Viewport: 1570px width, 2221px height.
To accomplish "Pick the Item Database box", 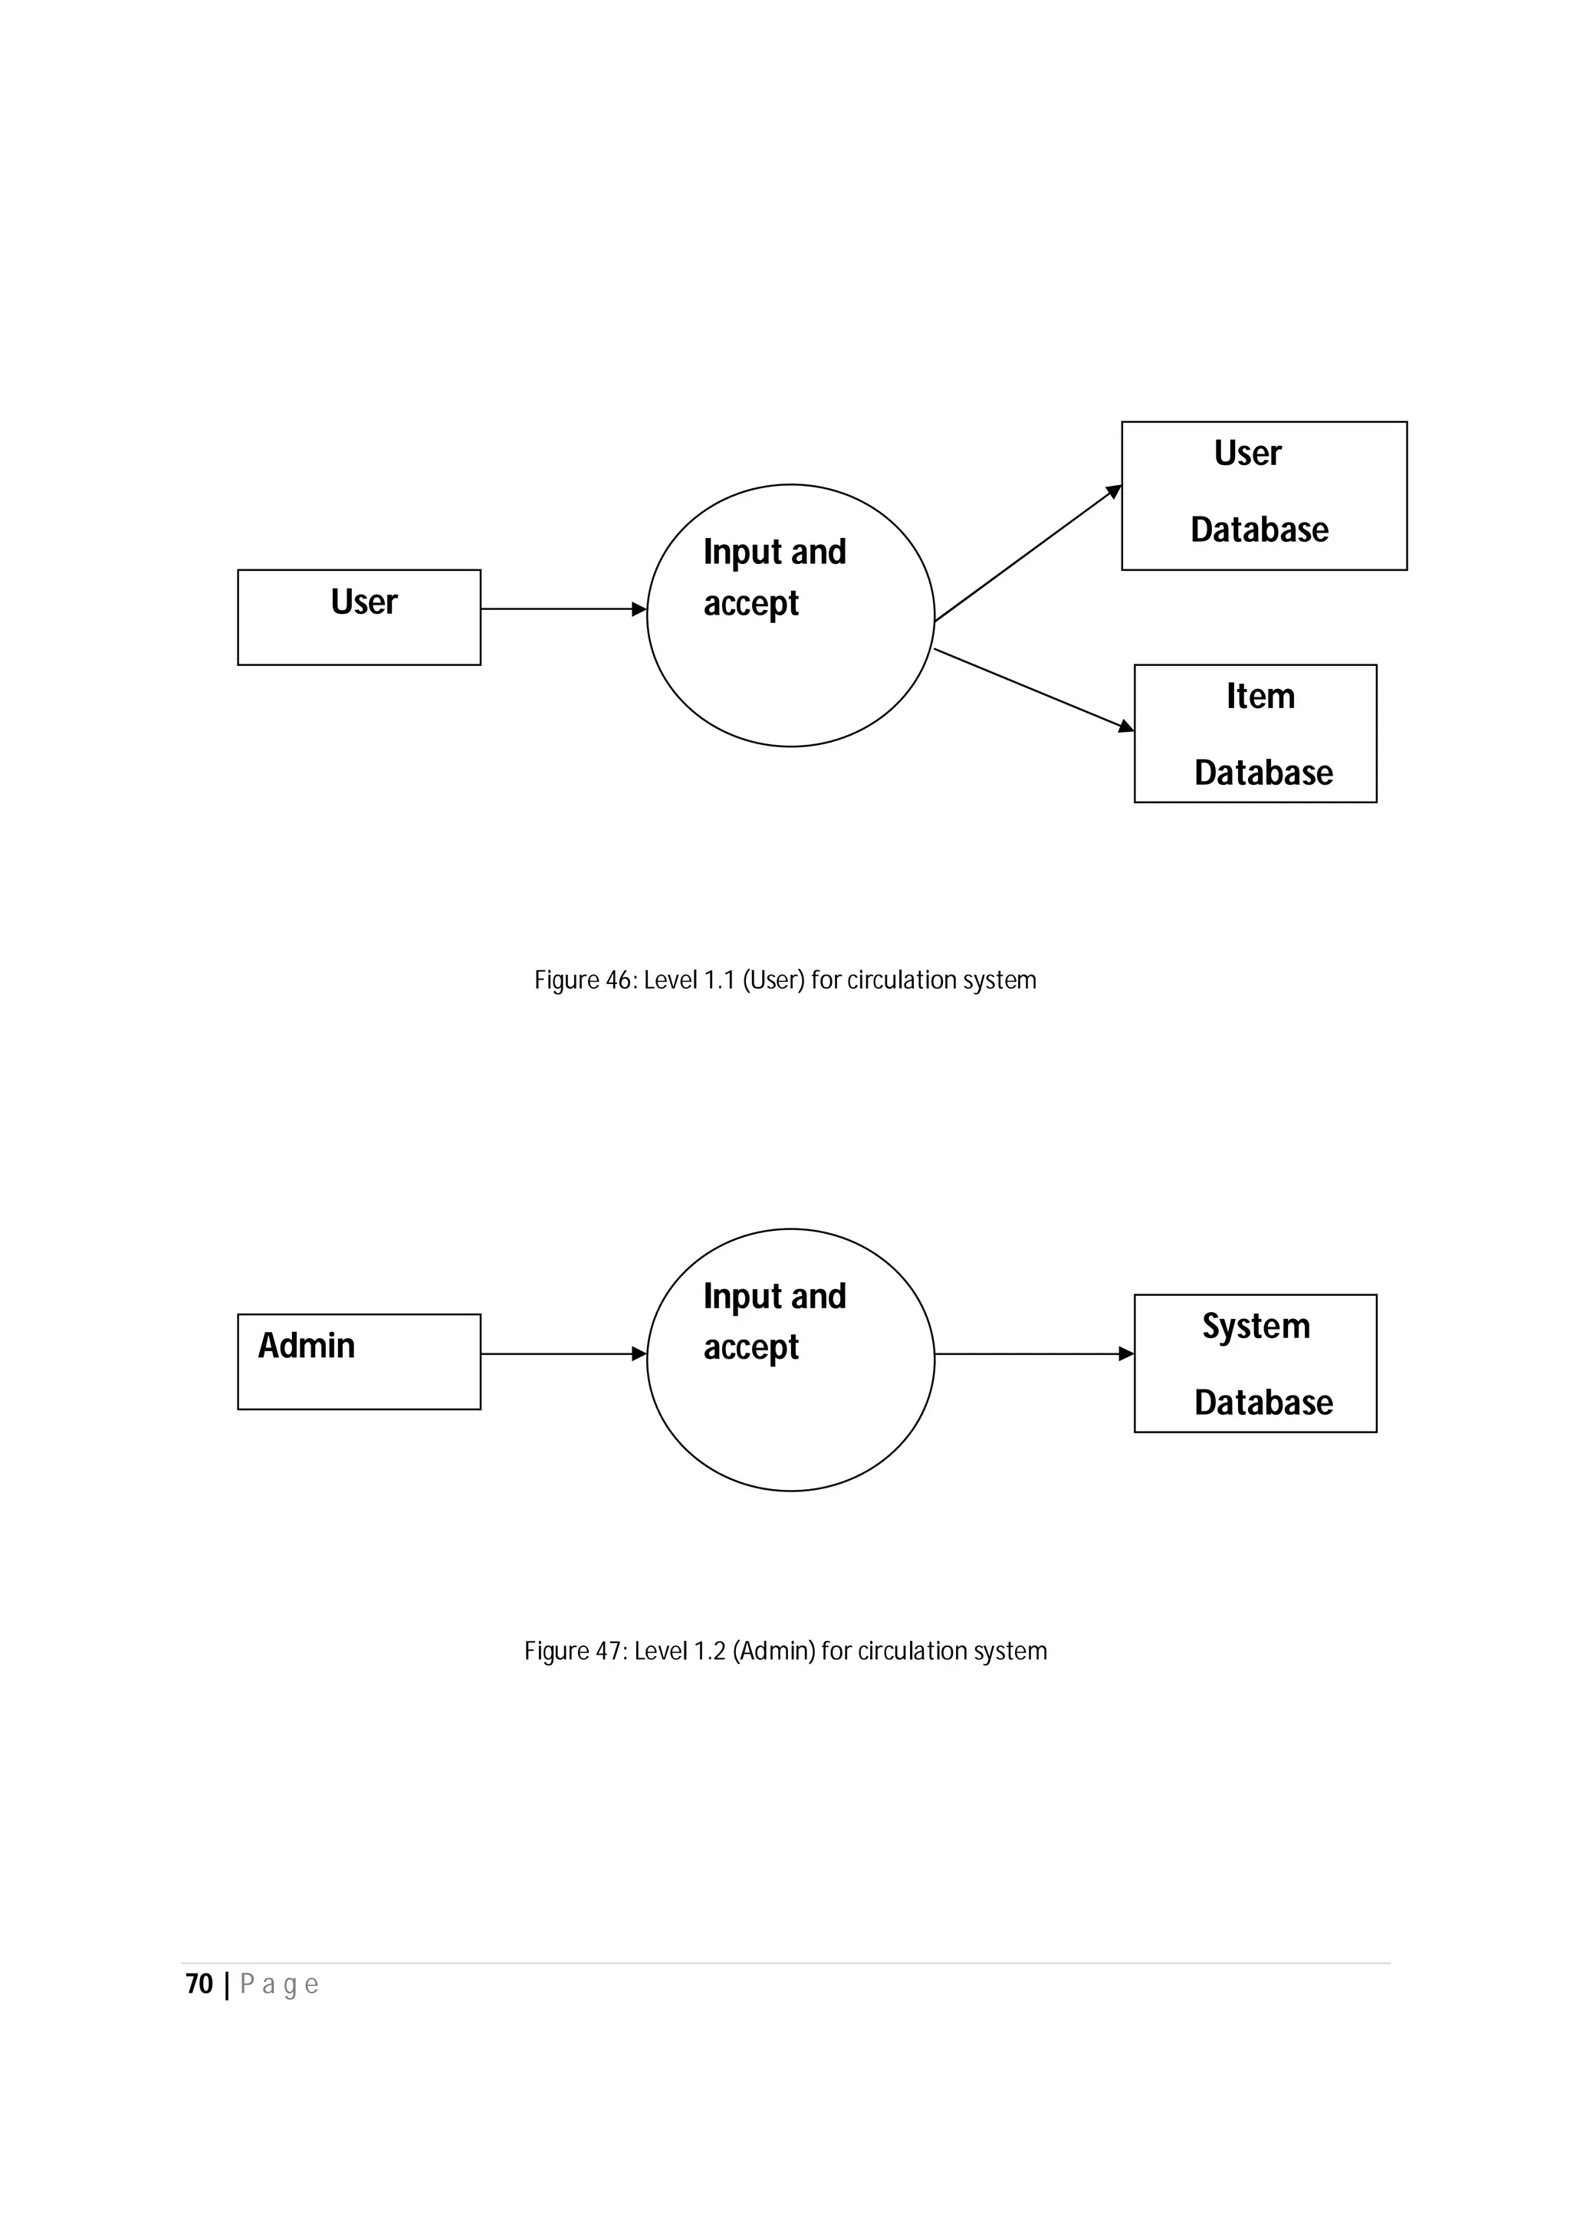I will (1255, 733).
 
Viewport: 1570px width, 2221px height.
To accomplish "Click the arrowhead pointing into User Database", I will (1115, 491).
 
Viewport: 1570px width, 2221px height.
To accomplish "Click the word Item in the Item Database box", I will (1260, 697).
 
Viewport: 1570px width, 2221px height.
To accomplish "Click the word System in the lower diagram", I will (1256, 1326).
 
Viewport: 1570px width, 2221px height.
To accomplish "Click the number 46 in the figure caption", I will (619, 980).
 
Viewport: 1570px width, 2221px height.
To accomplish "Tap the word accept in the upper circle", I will (751, 605).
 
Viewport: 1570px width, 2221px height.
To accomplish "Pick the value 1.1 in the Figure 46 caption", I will (720, 980).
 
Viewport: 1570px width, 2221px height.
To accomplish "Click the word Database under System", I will (1263, 1402).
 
